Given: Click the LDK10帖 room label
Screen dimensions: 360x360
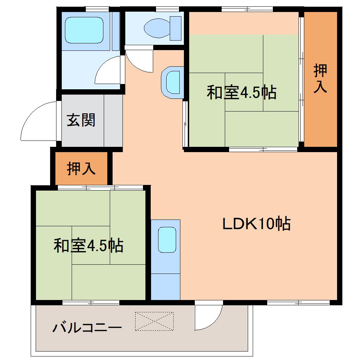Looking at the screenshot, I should [x=257, y=224].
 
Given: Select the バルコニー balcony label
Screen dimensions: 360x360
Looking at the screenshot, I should [x=87, y=328].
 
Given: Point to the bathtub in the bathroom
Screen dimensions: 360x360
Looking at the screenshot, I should [x=85, y=30].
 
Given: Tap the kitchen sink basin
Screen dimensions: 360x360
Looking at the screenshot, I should [x=167, y=240].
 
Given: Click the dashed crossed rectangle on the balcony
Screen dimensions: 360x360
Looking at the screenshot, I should [x=154, y=321].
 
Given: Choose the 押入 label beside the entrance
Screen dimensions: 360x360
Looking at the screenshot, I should [x=81, y=169].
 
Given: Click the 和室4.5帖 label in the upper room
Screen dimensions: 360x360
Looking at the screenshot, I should [x=241, y=92].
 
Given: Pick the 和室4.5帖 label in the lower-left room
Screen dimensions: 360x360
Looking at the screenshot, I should [x=88, y=245].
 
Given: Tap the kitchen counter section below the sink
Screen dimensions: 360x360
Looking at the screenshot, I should [x=166, y=286].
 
